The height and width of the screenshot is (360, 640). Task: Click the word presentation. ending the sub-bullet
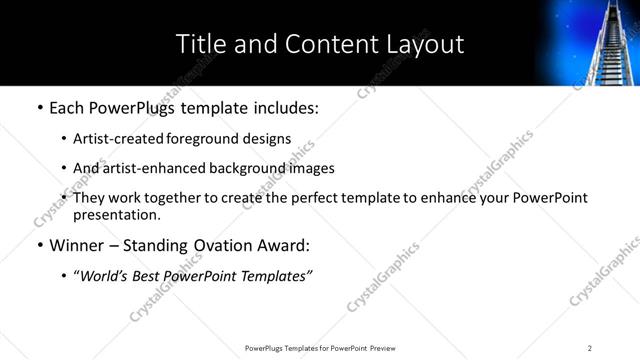(115, 214)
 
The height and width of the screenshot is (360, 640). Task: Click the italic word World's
(107, 275)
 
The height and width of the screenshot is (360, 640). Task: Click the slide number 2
(590, 348)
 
